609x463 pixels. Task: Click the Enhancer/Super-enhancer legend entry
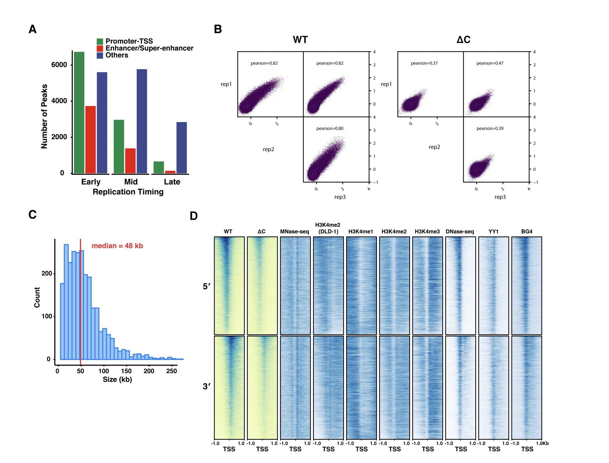click(x=149, y=48)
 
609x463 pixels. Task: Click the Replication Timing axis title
click(x=128, y=192)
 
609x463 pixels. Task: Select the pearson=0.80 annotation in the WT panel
click(x=330, y=128)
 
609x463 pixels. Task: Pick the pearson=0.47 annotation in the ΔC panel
click(x=490, y=63)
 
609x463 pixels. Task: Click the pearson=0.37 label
click(x=424, y=63)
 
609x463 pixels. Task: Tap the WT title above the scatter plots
click(x=300, y=40)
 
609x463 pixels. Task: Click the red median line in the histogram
click(x=80, y=300)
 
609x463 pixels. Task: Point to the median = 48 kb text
click(x=117, y=246)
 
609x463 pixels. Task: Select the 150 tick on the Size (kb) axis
click(x=126, y=371)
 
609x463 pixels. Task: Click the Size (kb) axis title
click(x=117, y=379)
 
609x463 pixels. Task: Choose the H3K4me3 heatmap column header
click(x=427, y=232)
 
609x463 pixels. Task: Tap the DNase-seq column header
click(x=460, y=232)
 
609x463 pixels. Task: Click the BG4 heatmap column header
click(x=527, y=232)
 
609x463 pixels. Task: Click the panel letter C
click(x=32, y=214)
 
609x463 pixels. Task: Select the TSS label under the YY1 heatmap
click(x=494, y=449)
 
